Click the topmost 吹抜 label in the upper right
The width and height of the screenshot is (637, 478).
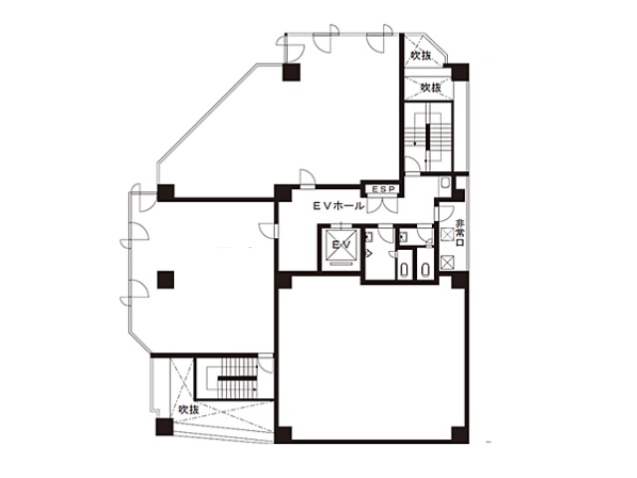tap(420, 56)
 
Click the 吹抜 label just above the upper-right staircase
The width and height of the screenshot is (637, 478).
tap(430, 88)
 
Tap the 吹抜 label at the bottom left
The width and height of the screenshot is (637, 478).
tap(190, 409)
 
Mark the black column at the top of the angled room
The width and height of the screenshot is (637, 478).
tap(289, 72)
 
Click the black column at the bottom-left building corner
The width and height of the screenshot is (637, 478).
tap(162, 428)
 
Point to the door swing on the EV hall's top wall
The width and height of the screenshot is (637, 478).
tap(309, 180)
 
